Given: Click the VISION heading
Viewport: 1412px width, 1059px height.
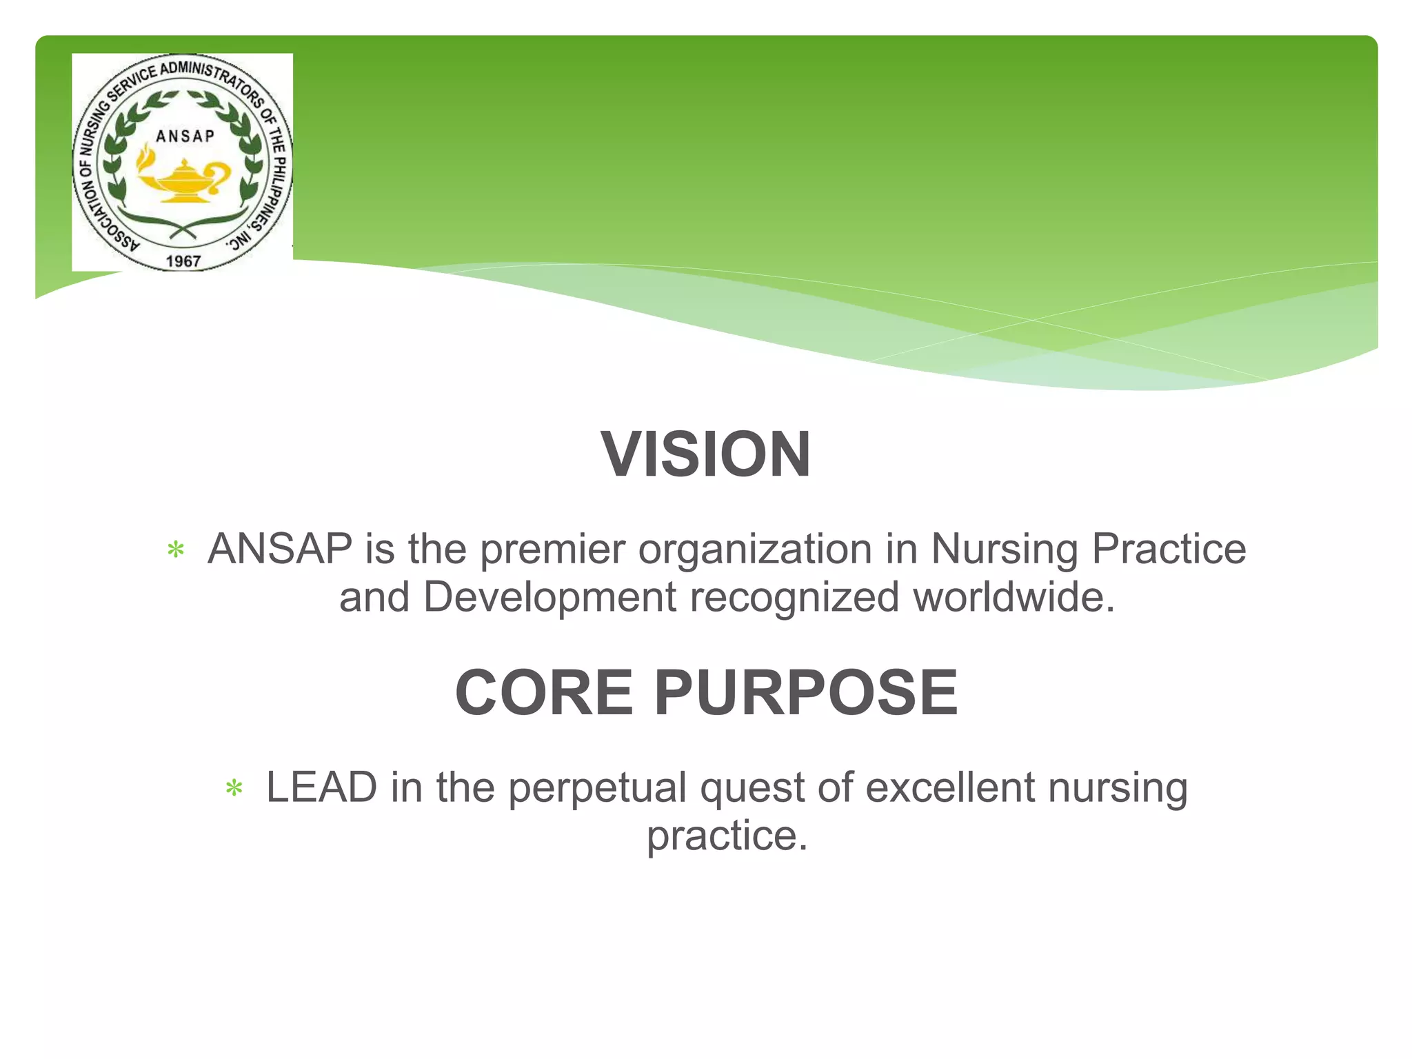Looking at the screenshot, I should click(x=706, y=454).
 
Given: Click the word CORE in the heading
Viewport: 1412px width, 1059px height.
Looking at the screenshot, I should click(x=543, y=692).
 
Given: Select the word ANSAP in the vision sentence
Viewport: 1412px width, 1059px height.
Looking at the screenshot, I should click(x=280, y=549).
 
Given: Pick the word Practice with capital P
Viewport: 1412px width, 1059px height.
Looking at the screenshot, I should click(x=1169, y=549).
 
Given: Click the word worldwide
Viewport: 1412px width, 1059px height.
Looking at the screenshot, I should click(x=1013, y=597).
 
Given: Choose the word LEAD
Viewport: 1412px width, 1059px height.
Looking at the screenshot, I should click(x=321, y=787).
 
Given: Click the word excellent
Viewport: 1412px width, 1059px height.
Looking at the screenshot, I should click(x=950, y=787).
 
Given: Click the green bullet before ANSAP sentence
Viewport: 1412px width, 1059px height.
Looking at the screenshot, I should click(x=176, y=551).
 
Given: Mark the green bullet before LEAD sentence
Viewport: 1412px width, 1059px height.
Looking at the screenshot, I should click(x=234, y=789).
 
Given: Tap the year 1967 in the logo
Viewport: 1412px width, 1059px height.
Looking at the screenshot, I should click(x=183, y=261).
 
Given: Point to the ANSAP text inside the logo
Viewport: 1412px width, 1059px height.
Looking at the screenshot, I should click(x=185, y=136).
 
